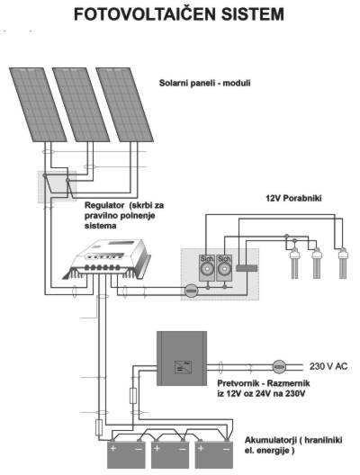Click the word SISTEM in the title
[252, 14]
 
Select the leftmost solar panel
[38, 104]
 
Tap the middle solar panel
[81, 104]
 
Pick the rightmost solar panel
[124, 104]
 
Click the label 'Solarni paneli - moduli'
[205, 83]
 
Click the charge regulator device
[107, 259]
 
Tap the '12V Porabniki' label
[293, 198]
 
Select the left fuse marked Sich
[207, 268]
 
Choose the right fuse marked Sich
[224, 268]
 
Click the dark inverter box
[182, 358]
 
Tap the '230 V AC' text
[328, 366]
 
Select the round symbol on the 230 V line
[279, 366]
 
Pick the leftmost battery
[126, 454]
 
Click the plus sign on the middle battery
[157, 448]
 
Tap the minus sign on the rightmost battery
[226, 449]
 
